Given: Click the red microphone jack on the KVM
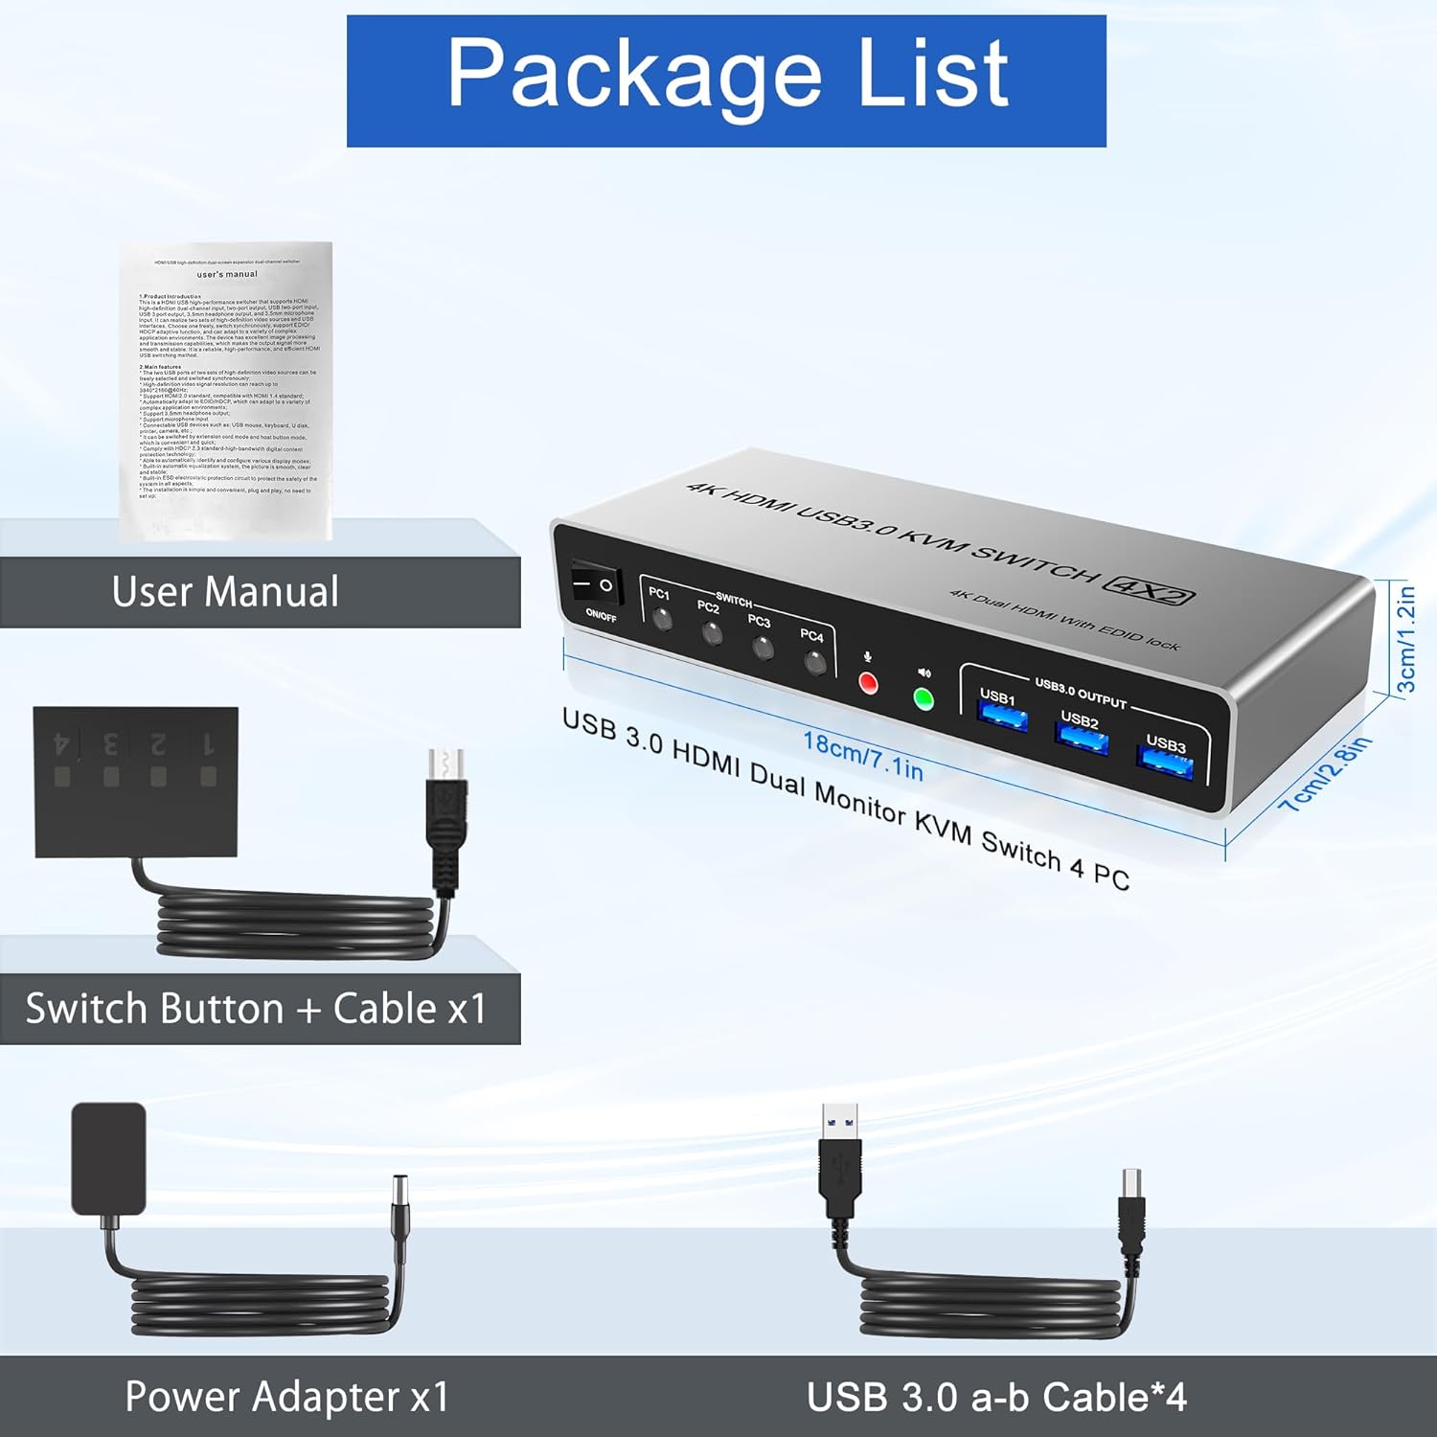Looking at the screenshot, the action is [868, 683].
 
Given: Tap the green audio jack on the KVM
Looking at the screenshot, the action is [924, 699].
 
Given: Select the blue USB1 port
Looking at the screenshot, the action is [1002, 716].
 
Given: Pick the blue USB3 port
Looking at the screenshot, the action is [1165, 763].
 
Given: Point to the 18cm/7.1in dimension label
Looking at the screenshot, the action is [862, 755].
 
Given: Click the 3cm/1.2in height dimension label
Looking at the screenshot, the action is [1404, 638].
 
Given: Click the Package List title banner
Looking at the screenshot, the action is [726, 80].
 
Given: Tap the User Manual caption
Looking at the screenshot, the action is [226, 591].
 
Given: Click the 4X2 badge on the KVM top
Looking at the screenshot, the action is [1149, 588].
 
